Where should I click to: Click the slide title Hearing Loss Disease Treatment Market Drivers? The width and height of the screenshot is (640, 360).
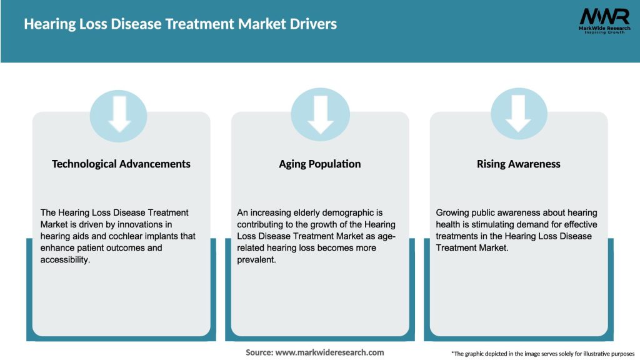pyautogui.click(x=180, y=24)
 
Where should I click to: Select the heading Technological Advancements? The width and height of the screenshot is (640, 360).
pyautogui.click(x=121, y=164)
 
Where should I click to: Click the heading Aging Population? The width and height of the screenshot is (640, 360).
pyautogui.click(x=320, y=164)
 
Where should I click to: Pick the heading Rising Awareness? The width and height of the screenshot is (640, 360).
pyautogui.click(x=518, y=164)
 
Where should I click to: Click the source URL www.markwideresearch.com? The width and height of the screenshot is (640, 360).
pyautogui.click(x=329, y=352)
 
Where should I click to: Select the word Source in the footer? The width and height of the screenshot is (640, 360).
pyautogui.click(x=259, y=352)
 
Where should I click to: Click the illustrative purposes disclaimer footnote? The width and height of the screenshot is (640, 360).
pyautogui.click(x=542, y=354)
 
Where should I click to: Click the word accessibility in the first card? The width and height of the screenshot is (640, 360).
pyautogui.click(x=66, y=259)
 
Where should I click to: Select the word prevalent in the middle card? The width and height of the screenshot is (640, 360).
pyautogui.click(x=257, y=259)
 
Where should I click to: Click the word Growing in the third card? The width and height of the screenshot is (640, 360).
pyautogui.click(x=453, y=213)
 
